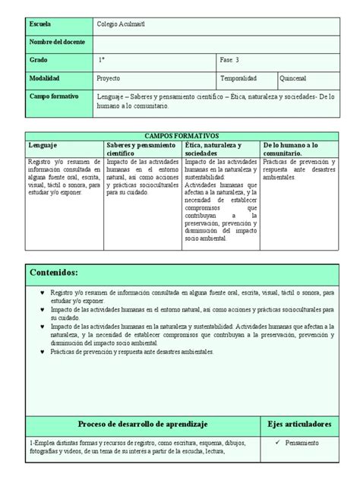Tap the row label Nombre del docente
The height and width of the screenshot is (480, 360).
57,42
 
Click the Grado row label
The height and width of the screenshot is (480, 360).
38,59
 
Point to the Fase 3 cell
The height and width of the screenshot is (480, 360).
230,59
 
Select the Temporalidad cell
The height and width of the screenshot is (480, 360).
238,78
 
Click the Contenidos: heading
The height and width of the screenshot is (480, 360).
54,273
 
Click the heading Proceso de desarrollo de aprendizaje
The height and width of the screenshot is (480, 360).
143,423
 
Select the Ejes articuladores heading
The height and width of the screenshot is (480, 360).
300,423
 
